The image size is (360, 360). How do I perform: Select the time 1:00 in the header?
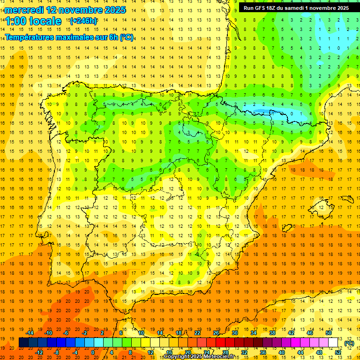pos(16,21)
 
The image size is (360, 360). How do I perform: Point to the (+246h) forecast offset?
pos(83,21)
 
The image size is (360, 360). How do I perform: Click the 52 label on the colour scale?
pos(338,352)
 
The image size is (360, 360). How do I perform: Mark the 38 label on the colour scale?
pos(272,333)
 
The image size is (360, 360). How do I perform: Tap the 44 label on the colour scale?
pos(300,352)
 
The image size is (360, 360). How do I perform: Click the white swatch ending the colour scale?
pos(333,343)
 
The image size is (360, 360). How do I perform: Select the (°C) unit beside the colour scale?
pos(349,343)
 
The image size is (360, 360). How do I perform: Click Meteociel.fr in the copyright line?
pos(219,357)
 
